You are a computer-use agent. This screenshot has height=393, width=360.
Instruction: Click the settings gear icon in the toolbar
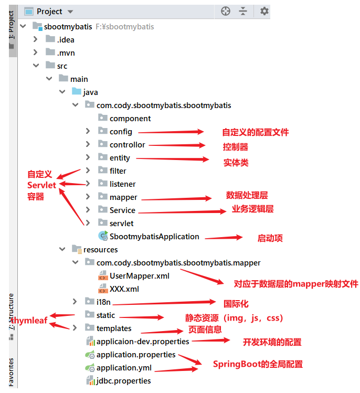tap(264, 11)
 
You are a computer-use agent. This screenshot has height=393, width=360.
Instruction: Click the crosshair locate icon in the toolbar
tap(226, 11)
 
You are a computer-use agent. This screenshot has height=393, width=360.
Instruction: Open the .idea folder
tap(66, 39)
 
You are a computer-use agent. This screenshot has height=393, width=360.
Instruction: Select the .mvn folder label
tap(66, 52)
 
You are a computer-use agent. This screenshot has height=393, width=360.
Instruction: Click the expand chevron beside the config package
tap(88, 132)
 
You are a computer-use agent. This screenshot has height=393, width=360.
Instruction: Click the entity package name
tap(120, 158)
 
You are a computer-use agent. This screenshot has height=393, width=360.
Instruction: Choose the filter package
tap(118, 171)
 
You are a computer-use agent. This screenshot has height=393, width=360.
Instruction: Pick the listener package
tap(122, 184)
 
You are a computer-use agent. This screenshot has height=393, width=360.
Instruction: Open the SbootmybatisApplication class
tap(154, 237)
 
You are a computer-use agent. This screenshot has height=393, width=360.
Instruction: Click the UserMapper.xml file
tap(139, 276)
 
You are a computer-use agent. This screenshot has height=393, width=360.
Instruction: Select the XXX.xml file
tap(124, 289)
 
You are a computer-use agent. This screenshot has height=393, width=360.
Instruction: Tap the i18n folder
tap(103, 302)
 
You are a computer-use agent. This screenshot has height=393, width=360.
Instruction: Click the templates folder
tap(113, 328)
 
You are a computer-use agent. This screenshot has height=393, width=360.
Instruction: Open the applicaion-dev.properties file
tap(142, 342)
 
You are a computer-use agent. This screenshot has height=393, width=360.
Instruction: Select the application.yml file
tap(124, 368)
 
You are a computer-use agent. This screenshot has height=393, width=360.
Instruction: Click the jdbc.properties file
tap(123, 381)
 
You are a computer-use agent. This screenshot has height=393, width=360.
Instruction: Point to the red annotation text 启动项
tap(270, 238)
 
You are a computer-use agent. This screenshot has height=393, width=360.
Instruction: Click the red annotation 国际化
tap(236, 303)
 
